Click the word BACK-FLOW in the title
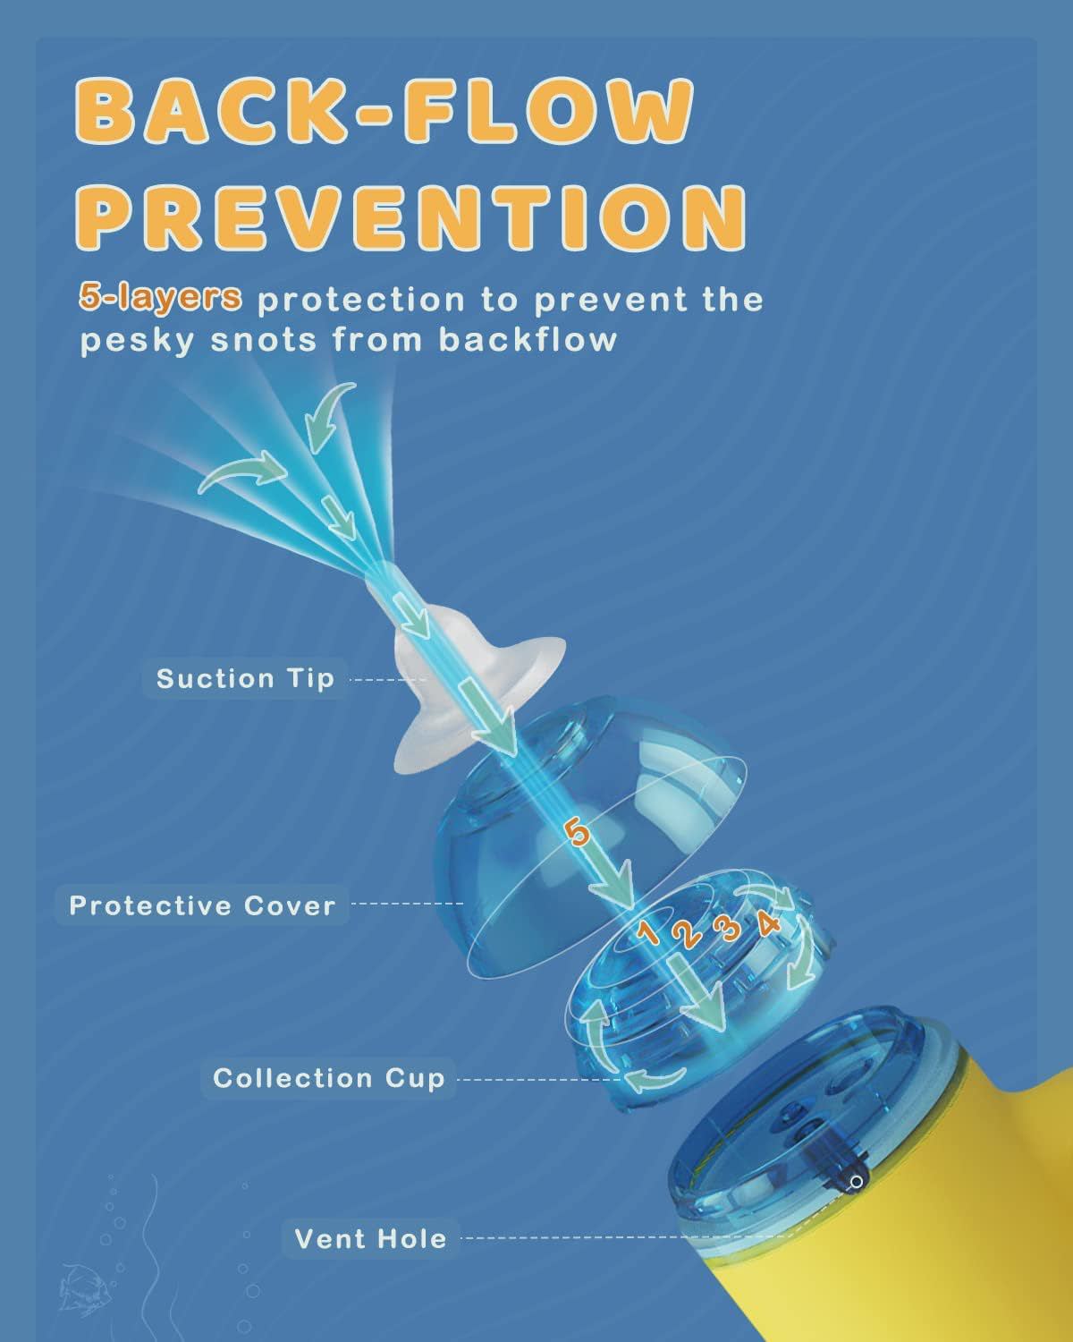[x=384, y=112]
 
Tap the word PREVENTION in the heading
[x=411, y=217]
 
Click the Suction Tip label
[x=245, y=678]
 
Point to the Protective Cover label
[x=202, y=905]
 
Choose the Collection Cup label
[x=328, y=1078]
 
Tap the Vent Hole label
[x=370, y=1239]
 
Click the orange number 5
[x=577, y=833]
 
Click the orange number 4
[x=768, y=922]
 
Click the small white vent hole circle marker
[x=857, y=1182]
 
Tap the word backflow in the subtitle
[x=528, y=341]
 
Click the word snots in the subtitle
[x=264, y=341]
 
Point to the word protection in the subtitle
[x=361, y=300]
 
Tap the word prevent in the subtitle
[x=610, y=300]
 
